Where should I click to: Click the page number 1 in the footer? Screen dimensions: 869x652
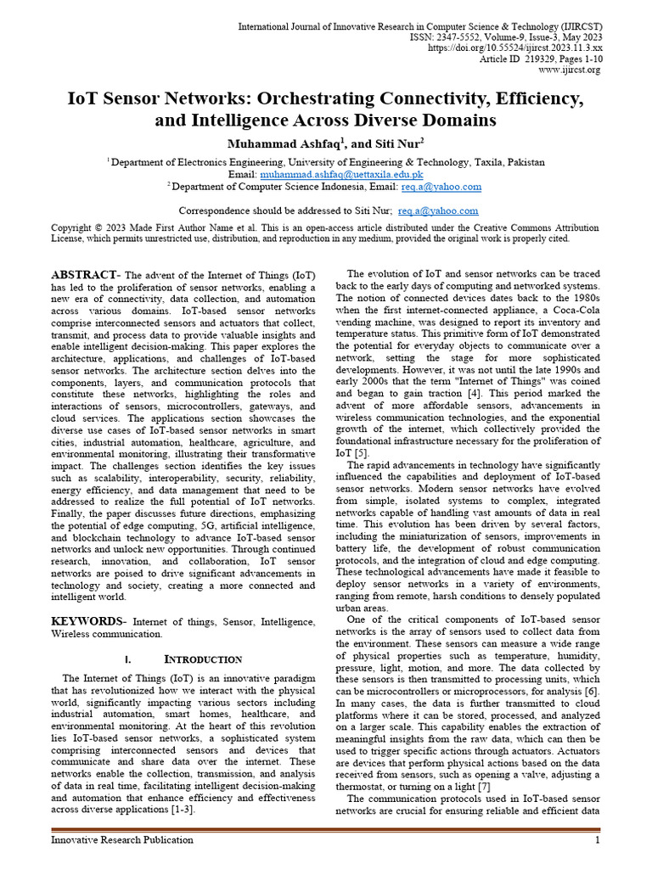tap(598, 840)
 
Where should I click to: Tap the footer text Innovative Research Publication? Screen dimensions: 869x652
tap(122, 840)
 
